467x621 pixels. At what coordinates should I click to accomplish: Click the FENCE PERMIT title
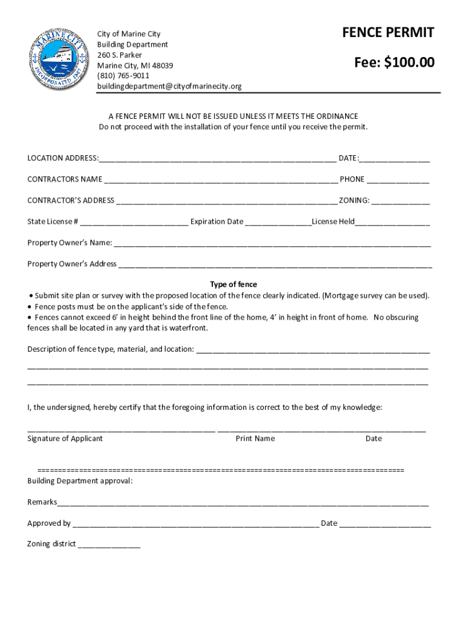[x=388, y=33]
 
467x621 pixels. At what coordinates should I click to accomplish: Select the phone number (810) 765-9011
[x=123, y=76]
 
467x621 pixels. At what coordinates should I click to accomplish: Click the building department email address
[x=169, y=86]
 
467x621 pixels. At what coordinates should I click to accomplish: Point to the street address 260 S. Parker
[x=119, y=55]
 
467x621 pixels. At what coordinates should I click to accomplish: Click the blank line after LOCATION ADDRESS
[x=218, y=159]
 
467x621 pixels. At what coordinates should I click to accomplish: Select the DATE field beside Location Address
[x=395, y=159]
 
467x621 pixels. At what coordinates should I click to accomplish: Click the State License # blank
[x=133, y=223]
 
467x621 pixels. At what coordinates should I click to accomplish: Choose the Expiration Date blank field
[x=278, y=223]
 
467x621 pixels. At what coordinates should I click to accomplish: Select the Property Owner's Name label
[x=70, y=243]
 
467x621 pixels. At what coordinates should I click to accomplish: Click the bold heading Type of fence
[x=233, y=284]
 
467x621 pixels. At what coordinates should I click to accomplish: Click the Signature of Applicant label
[x=65, y=438]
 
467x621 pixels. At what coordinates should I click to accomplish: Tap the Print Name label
[x=255, y=438]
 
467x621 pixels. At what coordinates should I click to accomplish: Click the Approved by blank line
[x=195, y=525]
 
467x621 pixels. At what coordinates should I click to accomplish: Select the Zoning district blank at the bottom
[x=109, y=546]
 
